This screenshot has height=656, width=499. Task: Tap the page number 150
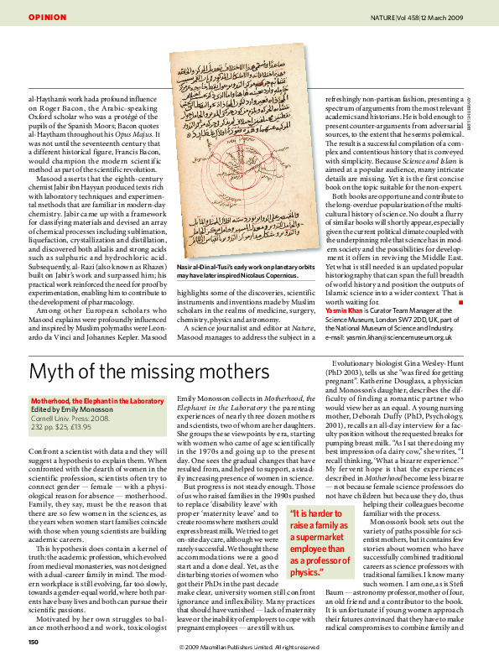(x=34, y=642)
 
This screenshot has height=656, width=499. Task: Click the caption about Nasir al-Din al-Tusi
(x=237, y=270)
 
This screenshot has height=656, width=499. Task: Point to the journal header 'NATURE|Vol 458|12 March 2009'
(x=424, y=17)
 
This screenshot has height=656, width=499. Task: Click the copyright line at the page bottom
(x=249, y=647)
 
